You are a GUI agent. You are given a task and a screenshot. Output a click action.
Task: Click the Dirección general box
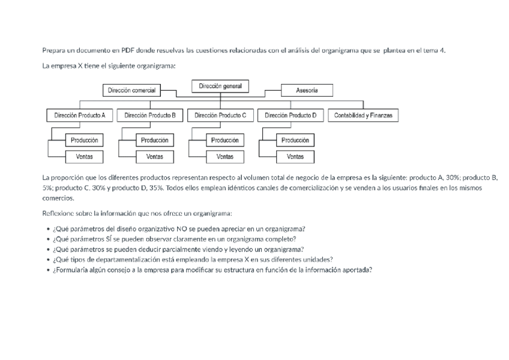pyautogui.click(x=220, y=86)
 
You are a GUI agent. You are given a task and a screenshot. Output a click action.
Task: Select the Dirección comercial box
pyautogui.click(x=131, y=91)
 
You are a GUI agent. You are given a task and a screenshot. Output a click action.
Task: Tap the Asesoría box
pyautogui.click(x=307, y=91)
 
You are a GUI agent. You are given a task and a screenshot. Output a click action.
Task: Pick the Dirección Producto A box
pyautogui.click(x=79, y=115)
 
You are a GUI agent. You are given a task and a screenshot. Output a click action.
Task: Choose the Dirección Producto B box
pyautogui.click(x=149, y=115)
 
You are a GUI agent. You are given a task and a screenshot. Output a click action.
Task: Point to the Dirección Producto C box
pyautogui.click(x=220, y=115)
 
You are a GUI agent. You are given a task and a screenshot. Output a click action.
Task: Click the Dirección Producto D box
pyautogui.click(x=290, y=115)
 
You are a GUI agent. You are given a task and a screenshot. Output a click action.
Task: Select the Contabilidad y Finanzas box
pyautogui.click(x=363, y=115)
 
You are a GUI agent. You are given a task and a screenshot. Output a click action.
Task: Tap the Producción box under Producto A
pyautogui.click(x=84, y=140)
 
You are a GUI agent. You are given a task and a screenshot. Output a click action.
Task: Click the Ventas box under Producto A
pyautogui.click(x=84, y=157)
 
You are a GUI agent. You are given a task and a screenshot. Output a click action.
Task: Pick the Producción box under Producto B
pyautogui.click(x=154, y=140)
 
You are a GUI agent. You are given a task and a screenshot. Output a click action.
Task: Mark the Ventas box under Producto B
pyautogui.click(x=154, y=157)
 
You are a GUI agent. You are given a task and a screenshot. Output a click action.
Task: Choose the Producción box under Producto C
pyautogui.click(x=224, y=140)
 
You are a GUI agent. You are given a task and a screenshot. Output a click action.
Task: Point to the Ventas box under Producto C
pyautogui.click(x=224, y=157)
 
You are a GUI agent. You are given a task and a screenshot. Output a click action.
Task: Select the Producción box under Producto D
pyautogui.click(x=295, y=140)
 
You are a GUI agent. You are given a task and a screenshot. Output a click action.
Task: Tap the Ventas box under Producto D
pyautogui.click(x=295, y=157)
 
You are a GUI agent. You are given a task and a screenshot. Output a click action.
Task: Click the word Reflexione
pyautogui.click(x=57, y=214)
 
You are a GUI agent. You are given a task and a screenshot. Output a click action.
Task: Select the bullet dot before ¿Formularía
pyautogui.click(x=47, y=270)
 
